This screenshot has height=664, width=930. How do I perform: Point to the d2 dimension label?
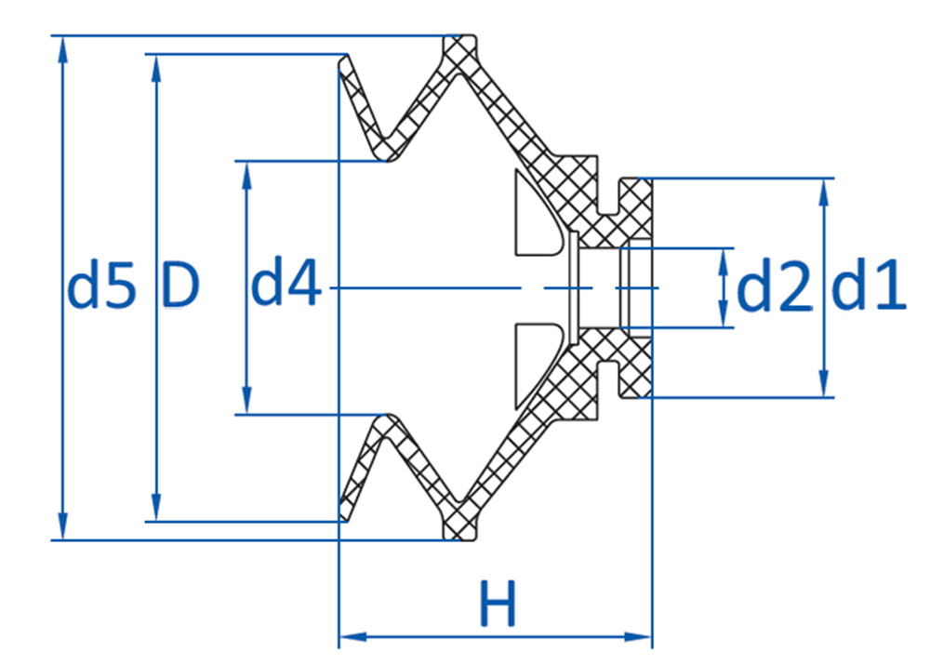pyautogui.click(x=774, y=287)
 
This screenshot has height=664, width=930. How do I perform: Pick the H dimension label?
pyautogui.click(x=498, y=604)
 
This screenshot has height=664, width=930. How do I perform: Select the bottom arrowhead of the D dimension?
pyautogui.click(x=156, y=508)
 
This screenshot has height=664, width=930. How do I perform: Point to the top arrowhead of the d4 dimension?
pyautogui.click(x=246, y=175)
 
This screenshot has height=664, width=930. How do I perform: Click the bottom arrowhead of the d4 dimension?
pyautogui.click(x=246, y=401)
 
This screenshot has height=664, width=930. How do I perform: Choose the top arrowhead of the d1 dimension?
pyautogui.click(x=823, y=193)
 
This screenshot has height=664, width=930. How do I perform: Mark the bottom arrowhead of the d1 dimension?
pyautogui.click(x=823, y=383)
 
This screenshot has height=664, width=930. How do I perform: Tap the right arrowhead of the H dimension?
pyautogui.click(x=638, y=637)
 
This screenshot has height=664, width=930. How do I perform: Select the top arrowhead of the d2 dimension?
pyautogui.click(x=723, y=260)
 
